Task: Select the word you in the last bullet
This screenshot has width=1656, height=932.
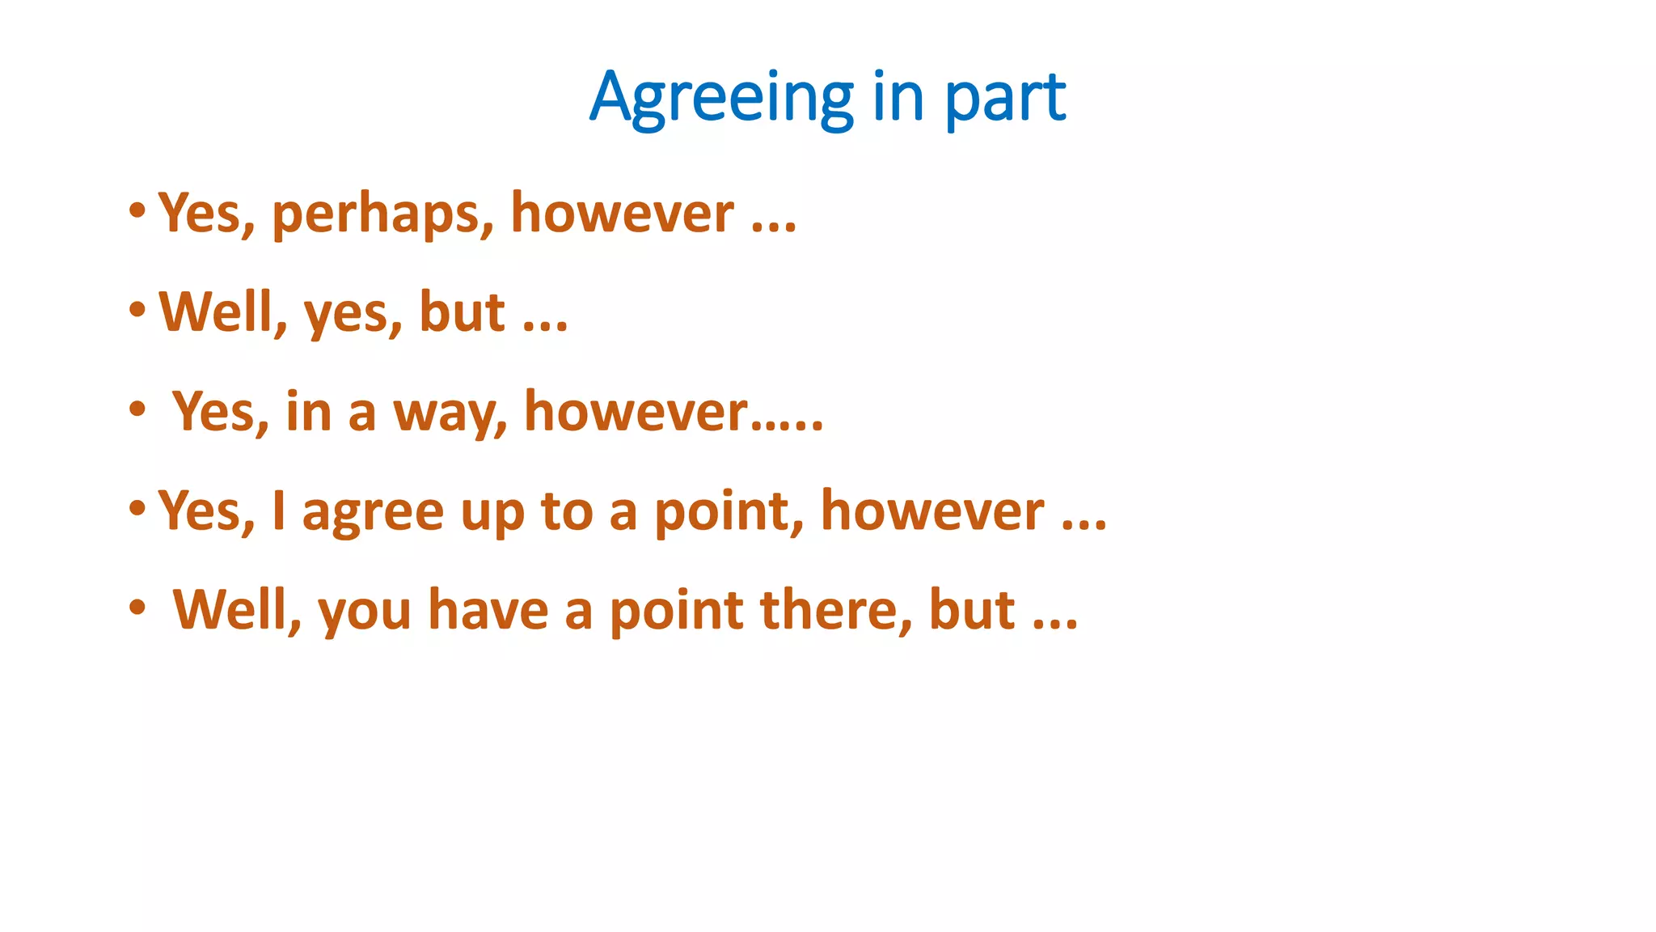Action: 365,612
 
